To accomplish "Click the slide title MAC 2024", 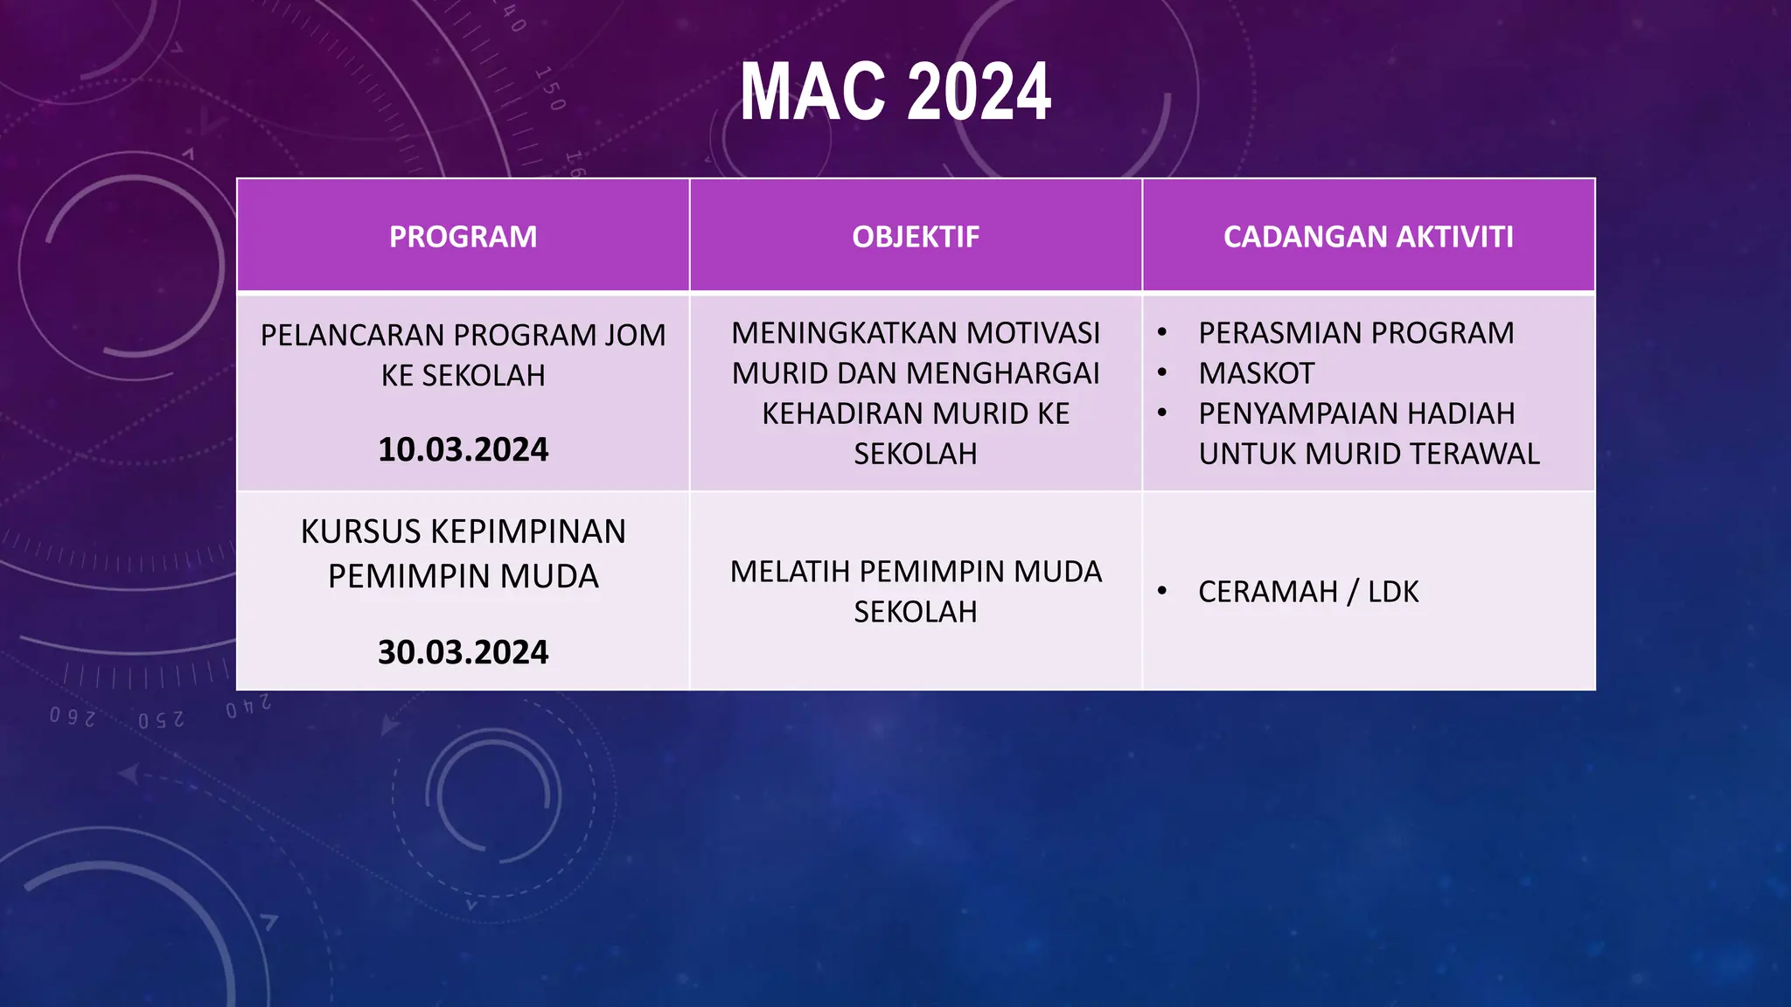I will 895,92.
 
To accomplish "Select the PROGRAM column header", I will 463,237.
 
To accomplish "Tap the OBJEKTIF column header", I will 916,237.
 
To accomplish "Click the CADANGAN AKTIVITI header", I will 1368,237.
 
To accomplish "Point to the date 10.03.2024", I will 463,449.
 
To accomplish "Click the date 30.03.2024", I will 463,652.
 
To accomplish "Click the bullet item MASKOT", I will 1256,373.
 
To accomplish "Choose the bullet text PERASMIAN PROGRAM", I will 1355,333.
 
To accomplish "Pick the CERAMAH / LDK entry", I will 1307,592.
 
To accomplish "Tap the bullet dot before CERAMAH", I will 1162,592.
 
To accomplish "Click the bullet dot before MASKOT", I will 1162,373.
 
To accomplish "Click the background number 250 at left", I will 161,720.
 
